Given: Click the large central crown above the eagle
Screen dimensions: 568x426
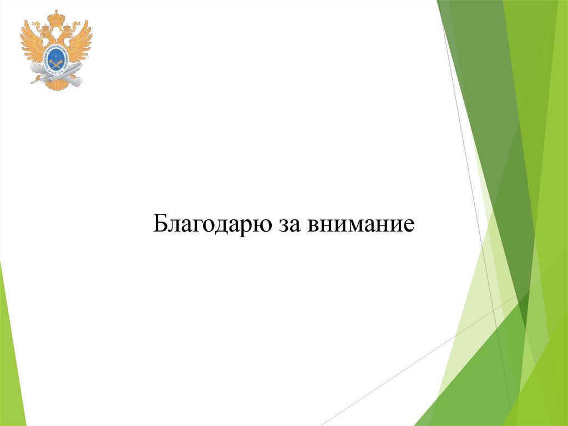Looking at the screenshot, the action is pos(56,18).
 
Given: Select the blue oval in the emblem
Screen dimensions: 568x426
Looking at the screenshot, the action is pos(56,59).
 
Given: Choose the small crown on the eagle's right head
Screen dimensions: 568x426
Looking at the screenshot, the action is pos(67,28).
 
